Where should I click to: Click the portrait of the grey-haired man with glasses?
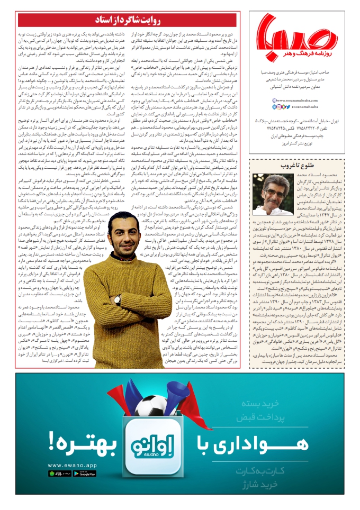point(275,194)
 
